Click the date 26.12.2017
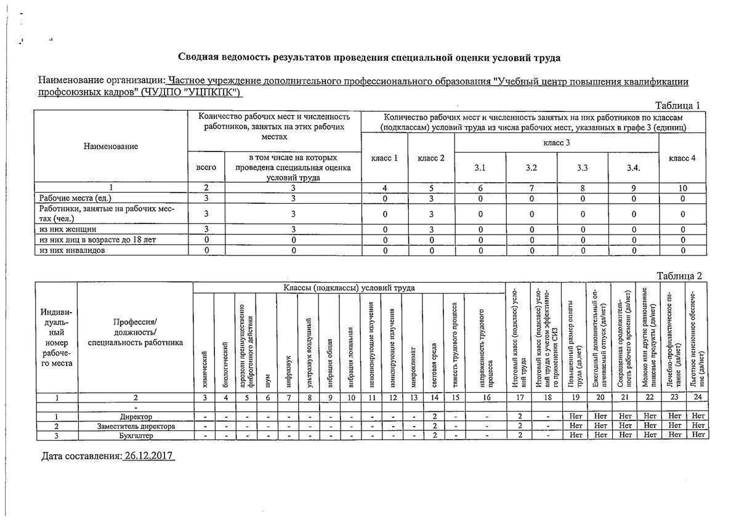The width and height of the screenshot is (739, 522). click(148, 456)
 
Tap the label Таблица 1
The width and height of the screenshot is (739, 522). click(677, 105)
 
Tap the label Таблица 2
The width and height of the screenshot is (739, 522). click(679, 276)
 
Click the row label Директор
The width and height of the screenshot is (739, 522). click(135, 417)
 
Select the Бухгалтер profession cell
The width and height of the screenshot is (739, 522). click(135, 436)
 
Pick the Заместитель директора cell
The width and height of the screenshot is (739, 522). click(135, 426)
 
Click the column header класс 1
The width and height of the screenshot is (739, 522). click(384, 158)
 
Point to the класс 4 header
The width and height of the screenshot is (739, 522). click(682, 158)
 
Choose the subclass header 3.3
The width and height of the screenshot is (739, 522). click(582, 167)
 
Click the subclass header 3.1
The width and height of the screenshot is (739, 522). click(480, 167)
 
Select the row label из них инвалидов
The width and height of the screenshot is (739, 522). click(72, 251)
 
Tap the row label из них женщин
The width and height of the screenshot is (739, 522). click(68, 230)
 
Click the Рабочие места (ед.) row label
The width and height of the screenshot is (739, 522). click(73, 198)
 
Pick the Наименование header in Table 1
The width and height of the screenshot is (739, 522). click(111, 147)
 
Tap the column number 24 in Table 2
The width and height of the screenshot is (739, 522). click(698, 398)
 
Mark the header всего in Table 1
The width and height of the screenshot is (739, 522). click(206, 167)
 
